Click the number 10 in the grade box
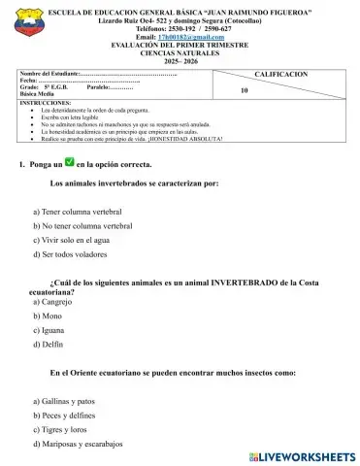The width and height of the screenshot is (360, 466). (244, 89)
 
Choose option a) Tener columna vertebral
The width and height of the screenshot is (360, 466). (82, 210)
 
